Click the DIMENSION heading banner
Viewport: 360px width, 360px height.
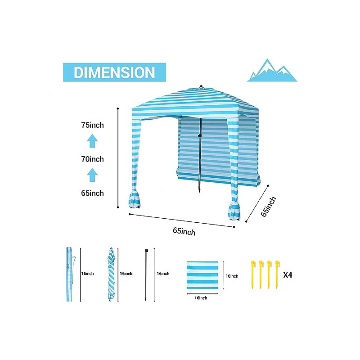(114, 72)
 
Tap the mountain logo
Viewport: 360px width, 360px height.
(272, 70)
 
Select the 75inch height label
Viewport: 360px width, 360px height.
(93, 125)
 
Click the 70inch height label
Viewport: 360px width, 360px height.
(93, 159)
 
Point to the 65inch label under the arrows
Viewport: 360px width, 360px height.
(93, 193)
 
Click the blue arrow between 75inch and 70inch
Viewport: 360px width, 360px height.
(92, 141)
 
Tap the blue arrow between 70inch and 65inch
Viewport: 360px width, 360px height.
(92, 175)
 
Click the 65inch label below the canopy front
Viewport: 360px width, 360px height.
(184, 231)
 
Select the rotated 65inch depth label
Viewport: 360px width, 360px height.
(268, 207)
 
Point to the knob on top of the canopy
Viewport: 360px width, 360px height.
(201, 86)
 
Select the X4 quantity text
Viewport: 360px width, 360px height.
(288, 275)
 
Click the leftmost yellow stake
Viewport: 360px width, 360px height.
(253, 274)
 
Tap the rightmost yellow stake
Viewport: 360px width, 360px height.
(277, 274)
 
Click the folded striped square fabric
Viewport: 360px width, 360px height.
(202, 275)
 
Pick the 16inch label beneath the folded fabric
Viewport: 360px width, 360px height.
(201, 298)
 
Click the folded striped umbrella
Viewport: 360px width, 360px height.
(111, 274)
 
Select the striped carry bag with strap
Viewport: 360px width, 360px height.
(70, 274)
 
